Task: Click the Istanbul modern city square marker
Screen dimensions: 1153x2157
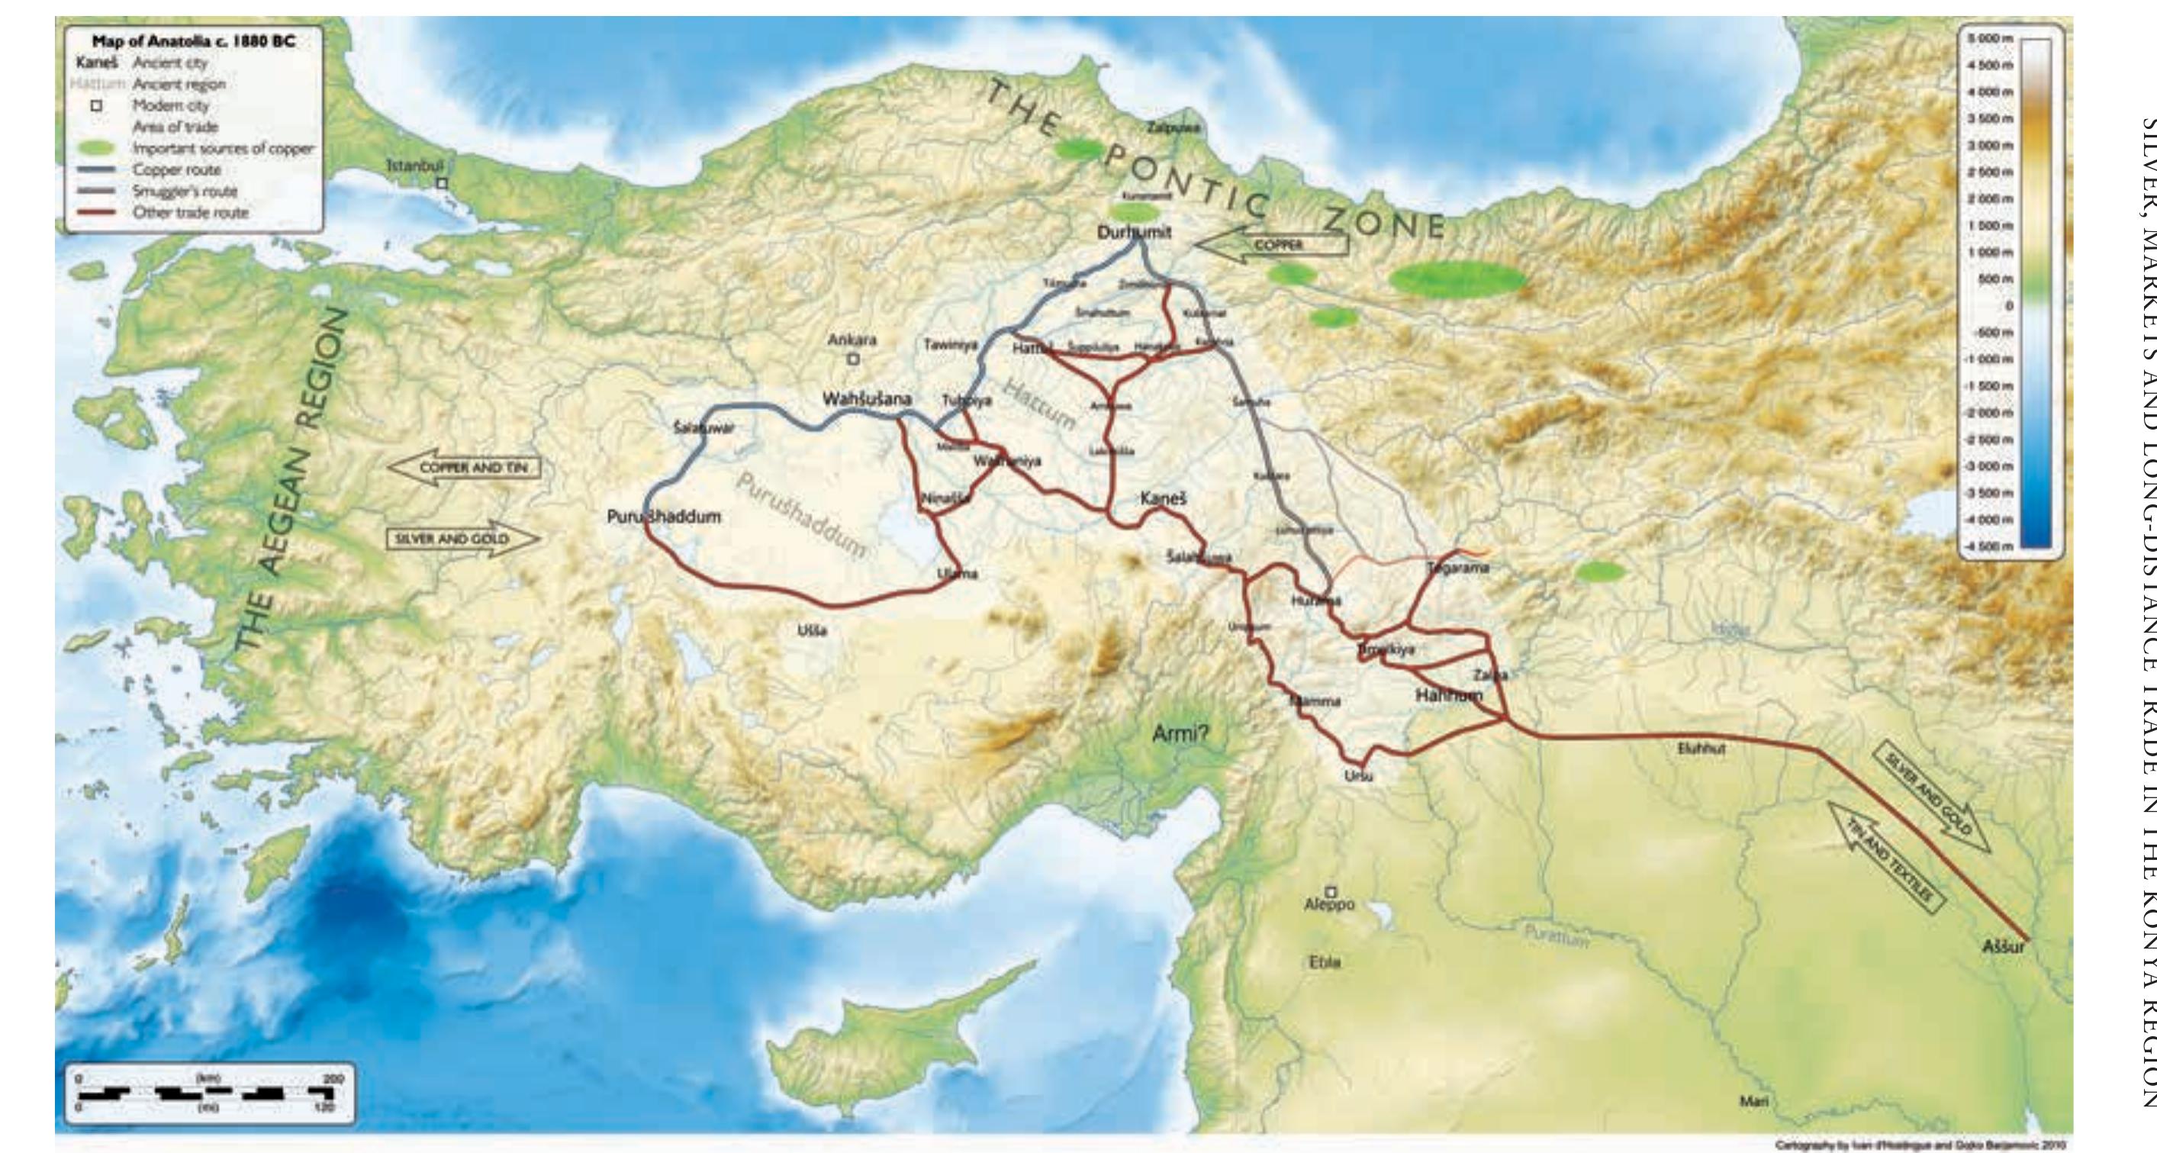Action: tap(443, 182)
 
